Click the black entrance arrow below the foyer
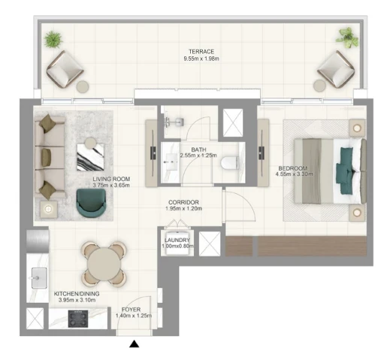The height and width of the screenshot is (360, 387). tap(134, 344)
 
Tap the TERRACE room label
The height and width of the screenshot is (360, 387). tap(201, 52)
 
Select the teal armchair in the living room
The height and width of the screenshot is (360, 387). tap(91, 203)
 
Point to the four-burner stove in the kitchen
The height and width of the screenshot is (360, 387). tap(78, 319)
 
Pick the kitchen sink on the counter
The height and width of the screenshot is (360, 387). tap(39, 278)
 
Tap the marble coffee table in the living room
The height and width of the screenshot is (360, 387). tap(90, 157)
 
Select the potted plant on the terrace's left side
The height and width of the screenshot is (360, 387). tap(53, 39)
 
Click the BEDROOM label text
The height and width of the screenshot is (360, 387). tap(293, 168)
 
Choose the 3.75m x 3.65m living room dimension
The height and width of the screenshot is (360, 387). tap(111, 186)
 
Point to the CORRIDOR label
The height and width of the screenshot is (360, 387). tap(183, 202)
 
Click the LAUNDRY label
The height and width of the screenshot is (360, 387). tap(177, 240)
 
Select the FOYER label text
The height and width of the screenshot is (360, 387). tap(131, 310)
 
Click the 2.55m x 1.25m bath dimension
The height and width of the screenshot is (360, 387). tap(198, 156)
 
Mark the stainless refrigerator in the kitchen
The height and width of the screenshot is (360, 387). tap(38, 241)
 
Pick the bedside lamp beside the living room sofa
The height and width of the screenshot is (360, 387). tap(48, 209)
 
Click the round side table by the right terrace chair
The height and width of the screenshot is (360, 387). tap(319, 86)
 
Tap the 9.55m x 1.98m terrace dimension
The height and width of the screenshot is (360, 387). tap(201, 59)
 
